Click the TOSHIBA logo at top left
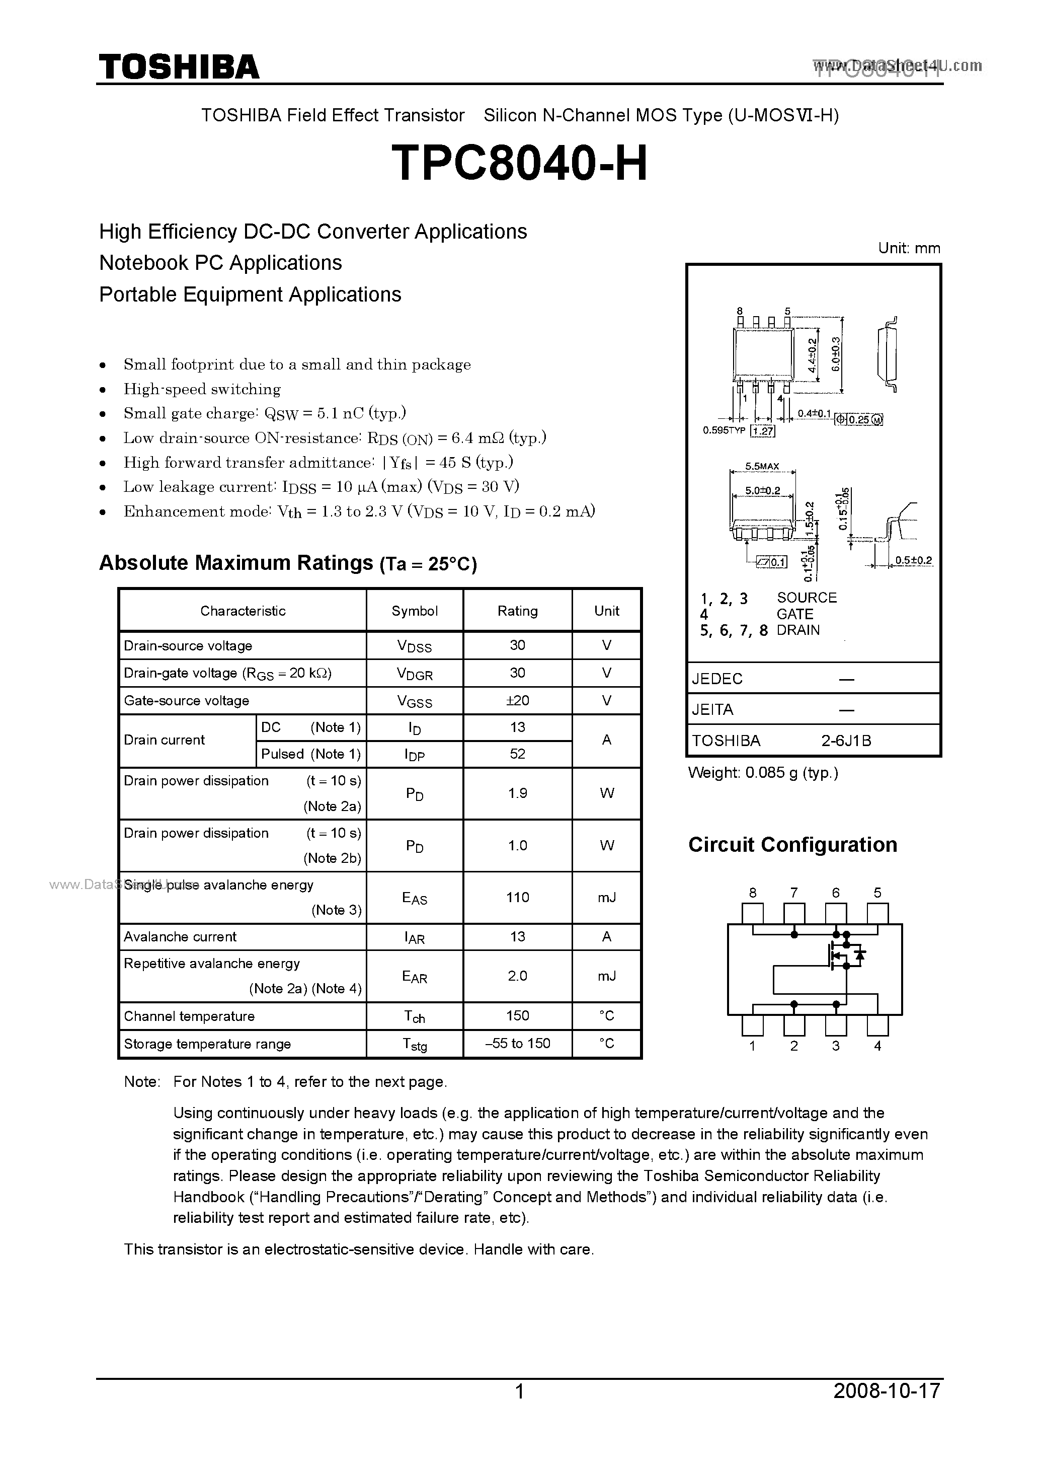point(179,66)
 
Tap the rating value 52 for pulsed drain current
point(517,754)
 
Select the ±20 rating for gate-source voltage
point(517,700)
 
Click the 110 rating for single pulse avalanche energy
point(517,897)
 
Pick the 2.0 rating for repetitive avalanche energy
point(517,976)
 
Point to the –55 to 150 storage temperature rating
point(517,1043)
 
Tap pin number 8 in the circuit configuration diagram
point(752,893)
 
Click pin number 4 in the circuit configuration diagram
point(877,1046)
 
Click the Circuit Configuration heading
point(792,845)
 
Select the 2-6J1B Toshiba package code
point(846,741)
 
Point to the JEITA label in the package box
point(712,710)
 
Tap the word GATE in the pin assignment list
point(794,614)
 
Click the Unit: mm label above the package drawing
point(909,248)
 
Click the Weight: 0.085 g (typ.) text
point(763,773)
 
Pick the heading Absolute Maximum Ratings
point(236,563)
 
